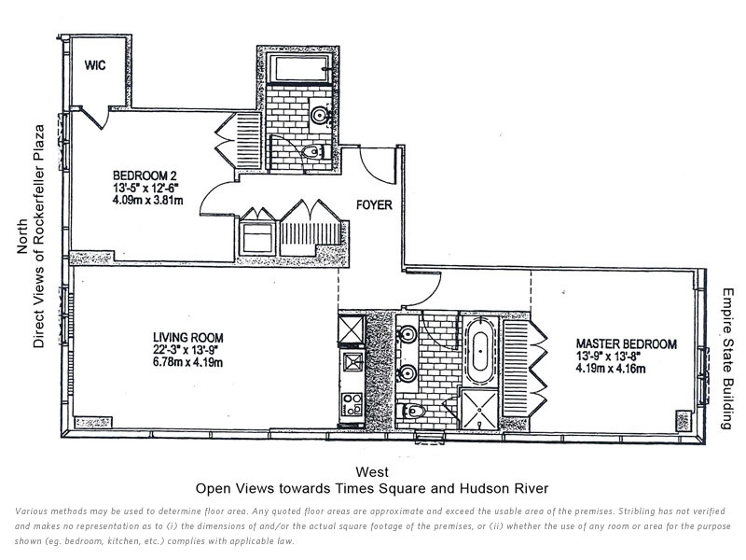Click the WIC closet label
click(95, 64)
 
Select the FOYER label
click(374, 204)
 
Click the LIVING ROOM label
click(188, 338)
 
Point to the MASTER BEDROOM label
click(626, 343)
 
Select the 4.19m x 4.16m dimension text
click(611, 368)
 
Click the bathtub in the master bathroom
click(479, 351)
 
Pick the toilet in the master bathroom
click(411, 410)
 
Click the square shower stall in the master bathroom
click(479, 409)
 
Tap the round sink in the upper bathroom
click(319, 115)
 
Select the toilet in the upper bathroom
click(312, 152)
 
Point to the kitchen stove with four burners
click(352, 404)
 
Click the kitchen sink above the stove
click(352, 361)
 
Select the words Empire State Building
click(726, 358)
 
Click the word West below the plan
click(372, 472)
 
